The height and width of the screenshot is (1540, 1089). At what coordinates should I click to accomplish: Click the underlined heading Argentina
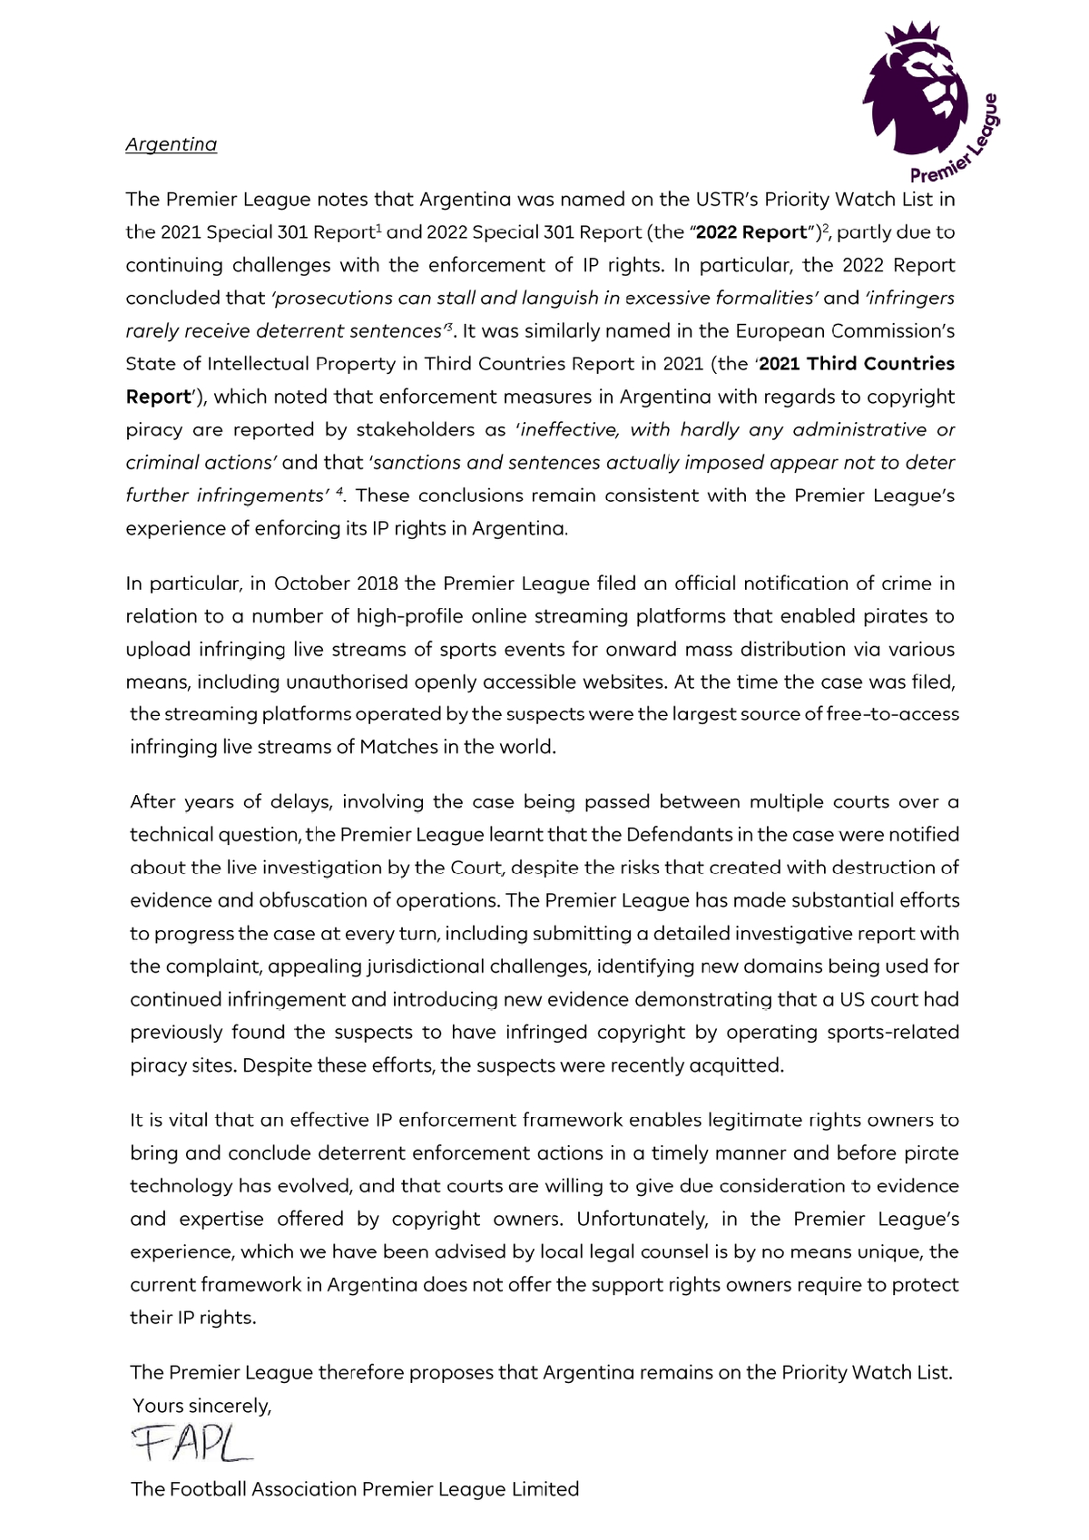coord(171,144)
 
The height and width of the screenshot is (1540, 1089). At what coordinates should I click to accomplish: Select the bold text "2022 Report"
coord(751,232)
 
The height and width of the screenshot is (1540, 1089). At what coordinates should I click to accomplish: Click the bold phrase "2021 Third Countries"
coord(856,364)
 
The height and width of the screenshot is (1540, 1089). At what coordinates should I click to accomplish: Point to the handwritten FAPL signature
coord(191,1442)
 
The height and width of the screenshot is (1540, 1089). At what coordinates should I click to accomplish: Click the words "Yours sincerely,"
coord(202,1406)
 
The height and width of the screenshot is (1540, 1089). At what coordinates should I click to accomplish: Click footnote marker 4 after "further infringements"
coord(339,491)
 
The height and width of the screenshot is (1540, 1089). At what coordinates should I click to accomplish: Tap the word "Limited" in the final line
coord(544,1489)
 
